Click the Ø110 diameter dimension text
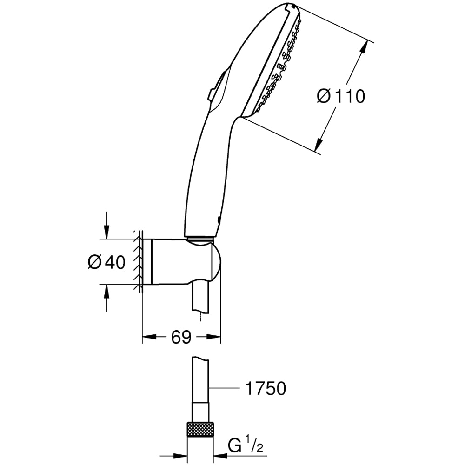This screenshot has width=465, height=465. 340,96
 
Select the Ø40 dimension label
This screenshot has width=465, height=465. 106,262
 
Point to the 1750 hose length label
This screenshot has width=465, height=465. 265,389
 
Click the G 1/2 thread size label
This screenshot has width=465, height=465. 246,447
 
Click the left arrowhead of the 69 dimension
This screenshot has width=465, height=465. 146,337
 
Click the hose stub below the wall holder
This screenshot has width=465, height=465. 200,300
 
